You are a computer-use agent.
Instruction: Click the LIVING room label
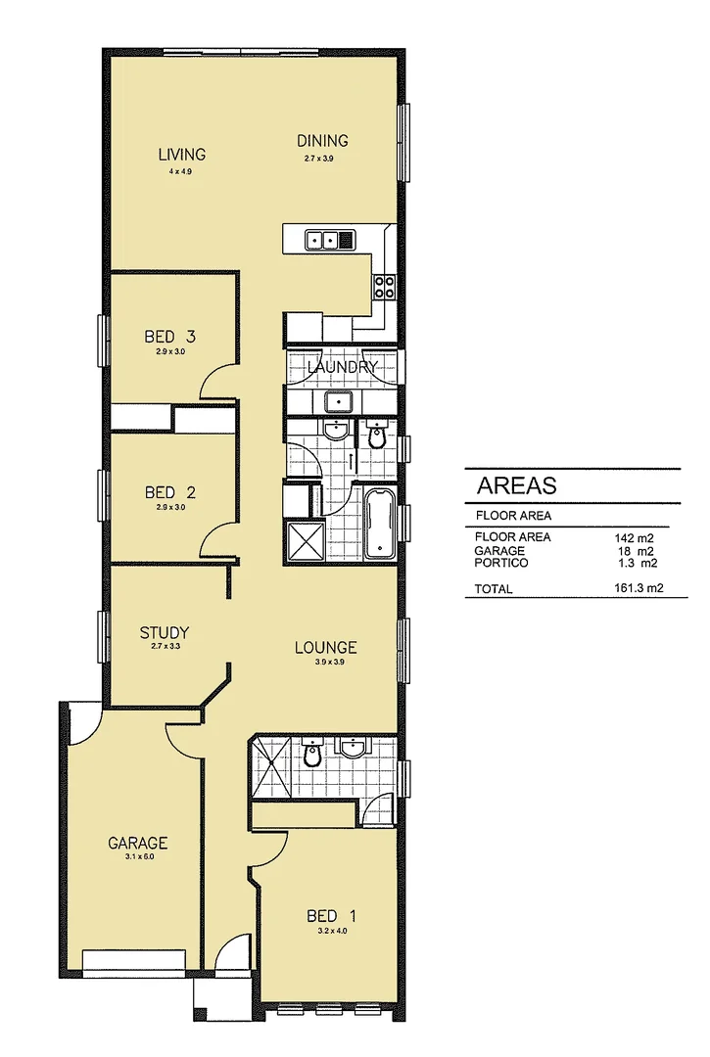point(182,155)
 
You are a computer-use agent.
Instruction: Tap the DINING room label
point(322,141)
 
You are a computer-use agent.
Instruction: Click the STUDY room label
point(164,632)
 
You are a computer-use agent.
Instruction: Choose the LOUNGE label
point(326,647)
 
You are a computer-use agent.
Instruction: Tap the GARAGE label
point(137,843)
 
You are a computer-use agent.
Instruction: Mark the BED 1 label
point(331,916)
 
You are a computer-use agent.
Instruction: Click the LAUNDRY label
point(342,367)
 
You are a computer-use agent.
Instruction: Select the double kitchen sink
point(324,239)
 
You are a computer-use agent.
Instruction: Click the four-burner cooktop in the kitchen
point(383,286)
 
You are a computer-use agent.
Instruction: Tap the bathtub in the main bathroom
point(379,525)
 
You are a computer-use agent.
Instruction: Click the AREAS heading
point(516,485)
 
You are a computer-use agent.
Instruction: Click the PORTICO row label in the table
point(501,563)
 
